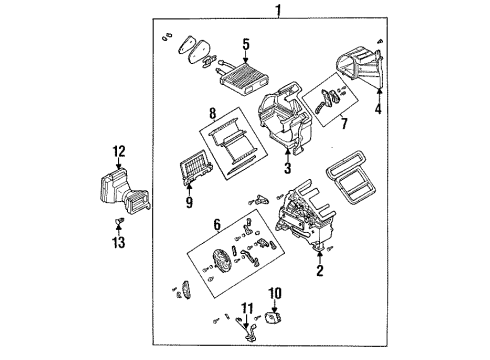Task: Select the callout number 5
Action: [x=246, y=44]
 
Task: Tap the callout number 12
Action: [x=119, y=152]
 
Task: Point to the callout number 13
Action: [x=119, y=242]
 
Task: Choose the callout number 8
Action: [x=213, y=113]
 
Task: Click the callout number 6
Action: [x=217, y=225]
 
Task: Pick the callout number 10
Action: [x=276, y=293]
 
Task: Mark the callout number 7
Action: [x=344, y=123]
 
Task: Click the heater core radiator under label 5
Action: [x=245, y=79]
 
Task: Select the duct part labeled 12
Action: [x=124, y=191]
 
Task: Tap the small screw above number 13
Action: [x=119, y=220]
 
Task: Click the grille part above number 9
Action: [x=196, y=167]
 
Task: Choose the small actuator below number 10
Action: [x=272, y=318]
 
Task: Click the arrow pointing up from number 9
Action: [x=189, y=189]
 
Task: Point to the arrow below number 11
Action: [x=246, y=322]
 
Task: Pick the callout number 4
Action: [x=378, y=109]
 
